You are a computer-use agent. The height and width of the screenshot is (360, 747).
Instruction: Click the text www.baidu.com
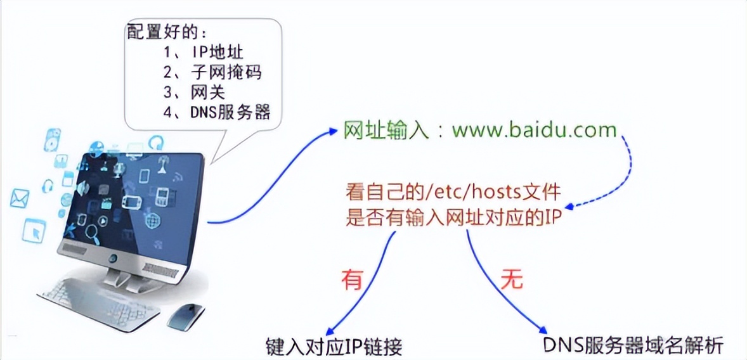click(x=534, y=130)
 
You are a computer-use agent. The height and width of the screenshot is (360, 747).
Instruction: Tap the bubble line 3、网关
click(x=193, y=93)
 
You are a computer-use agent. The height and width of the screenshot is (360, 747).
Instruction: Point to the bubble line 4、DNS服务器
click(x=216, y=113)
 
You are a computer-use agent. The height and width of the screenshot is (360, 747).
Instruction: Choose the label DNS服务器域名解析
click(x=632, y=345)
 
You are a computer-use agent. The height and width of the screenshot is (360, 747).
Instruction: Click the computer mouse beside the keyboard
click(x=185, y=314)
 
